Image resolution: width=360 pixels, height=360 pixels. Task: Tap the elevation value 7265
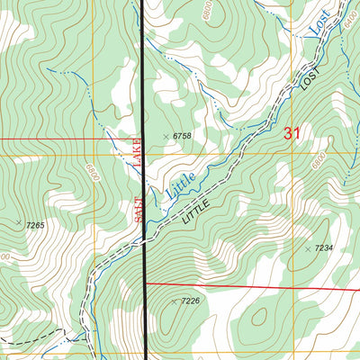(34, 225)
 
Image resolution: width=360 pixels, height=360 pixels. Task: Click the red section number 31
(292, 134)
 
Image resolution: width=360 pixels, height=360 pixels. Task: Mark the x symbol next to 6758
(165, 136)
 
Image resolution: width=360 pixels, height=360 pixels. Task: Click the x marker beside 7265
(18, 220)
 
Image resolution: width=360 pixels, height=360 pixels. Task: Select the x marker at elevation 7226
(175, 301)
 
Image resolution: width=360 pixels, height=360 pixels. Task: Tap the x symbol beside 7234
(307, 248)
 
